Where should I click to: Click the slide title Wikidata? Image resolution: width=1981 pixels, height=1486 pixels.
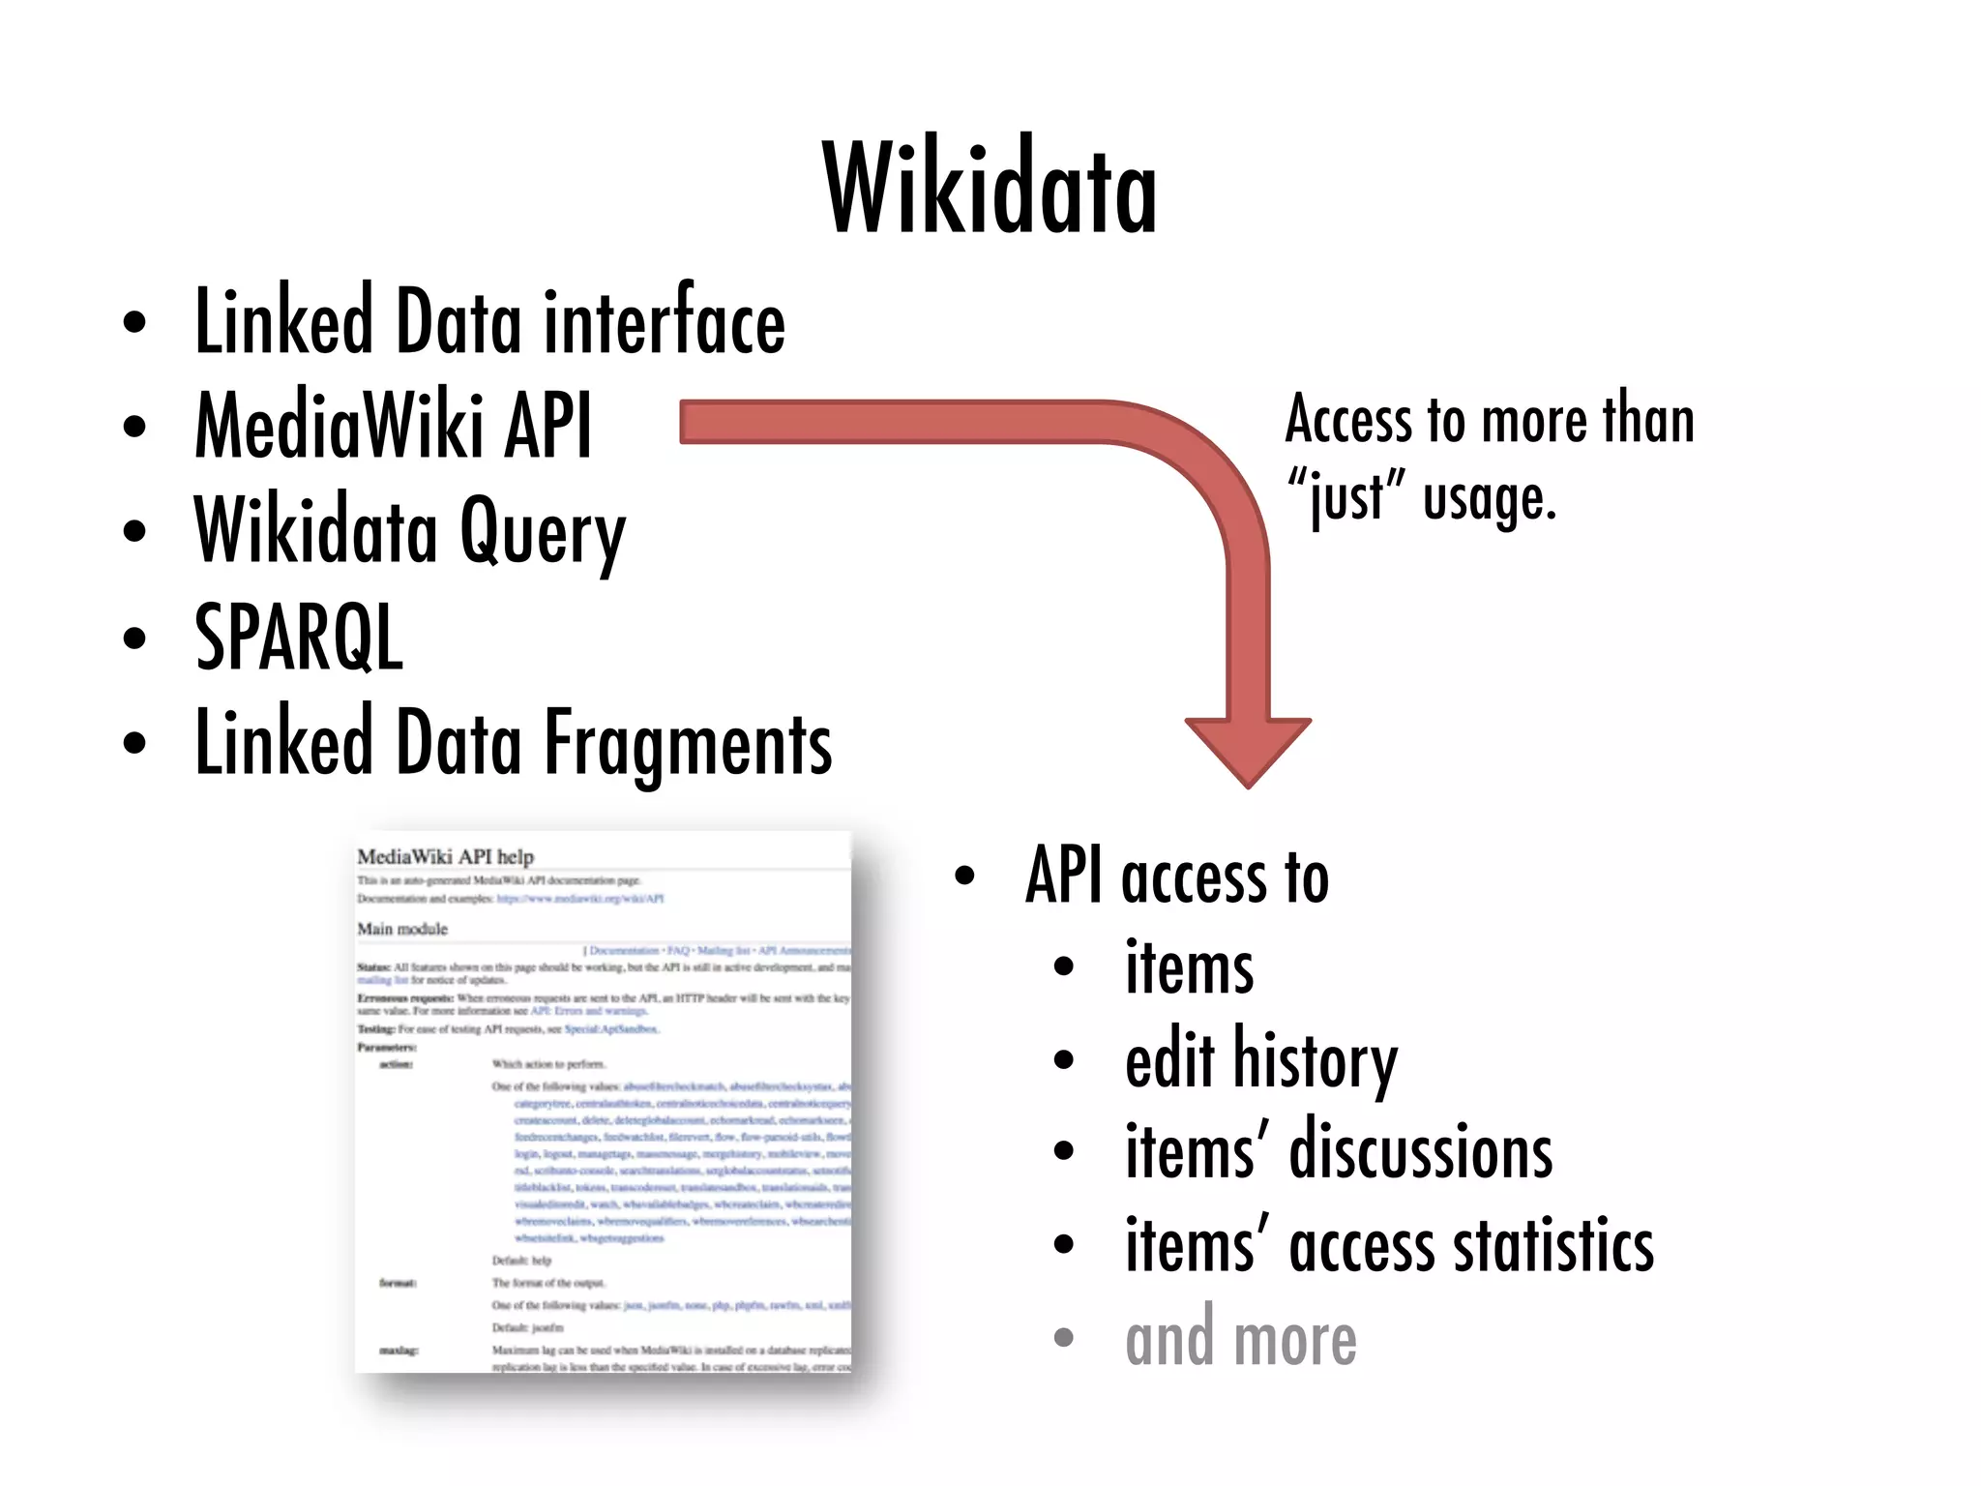click(990, 188)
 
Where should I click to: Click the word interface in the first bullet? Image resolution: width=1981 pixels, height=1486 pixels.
click(665, 322)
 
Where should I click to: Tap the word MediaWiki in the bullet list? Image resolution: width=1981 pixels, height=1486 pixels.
click(339, 426)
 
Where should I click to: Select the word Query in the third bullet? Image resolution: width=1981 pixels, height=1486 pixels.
click(542, 532)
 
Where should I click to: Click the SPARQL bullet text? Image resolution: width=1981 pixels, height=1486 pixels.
click(299, 637)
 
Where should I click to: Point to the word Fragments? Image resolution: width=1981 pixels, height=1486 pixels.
click(688, 743)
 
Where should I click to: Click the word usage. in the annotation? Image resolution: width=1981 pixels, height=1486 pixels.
click(1490, 497)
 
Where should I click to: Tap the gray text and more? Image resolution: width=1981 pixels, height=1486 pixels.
click(1241, 1340)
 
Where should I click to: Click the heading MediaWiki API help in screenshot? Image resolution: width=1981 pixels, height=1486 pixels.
click(445, 856)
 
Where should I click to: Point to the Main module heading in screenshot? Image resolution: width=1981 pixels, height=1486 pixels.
click(402, 929)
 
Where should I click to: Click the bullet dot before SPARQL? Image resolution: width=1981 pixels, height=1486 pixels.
click(135, 639)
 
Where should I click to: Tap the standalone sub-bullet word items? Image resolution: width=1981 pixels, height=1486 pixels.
click(1189, 968)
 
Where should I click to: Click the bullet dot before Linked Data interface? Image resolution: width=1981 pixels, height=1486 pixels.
click(135, 323)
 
